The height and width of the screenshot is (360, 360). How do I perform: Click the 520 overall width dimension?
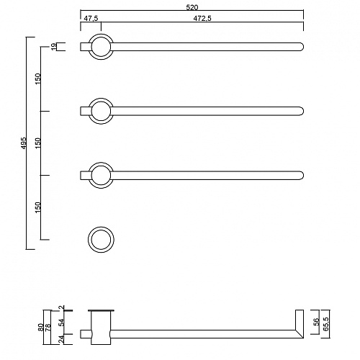192,7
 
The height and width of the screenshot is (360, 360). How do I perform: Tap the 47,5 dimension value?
91,19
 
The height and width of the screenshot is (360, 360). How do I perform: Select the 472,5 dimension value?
202,19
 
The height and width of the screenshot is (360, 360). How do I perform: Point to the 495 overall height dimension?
24,143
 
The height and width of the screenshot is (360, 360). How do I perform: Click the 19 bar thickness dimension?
53,46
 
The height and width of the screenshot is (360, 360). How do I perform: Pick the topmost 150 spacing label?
38,78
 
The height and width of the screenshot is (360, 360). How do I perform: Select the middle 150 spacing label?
38,143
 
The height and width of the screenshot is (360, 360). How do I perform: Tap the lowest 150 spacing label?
38,207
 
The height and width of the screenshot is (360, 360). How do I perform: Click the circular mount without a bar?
101,227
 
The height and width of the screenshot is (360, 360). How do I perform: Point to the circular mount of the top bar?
101,34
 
